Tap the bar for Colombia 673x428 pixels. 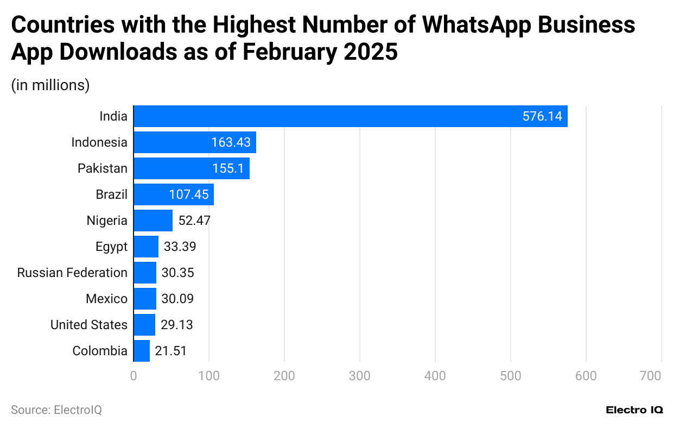click(x=142, y=351)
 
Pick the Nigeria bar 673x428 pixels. click(x=153, y=221)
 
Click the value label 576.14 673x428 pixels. click(x=542, y=116)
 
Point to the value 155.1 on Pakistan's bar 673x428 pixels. click(x=228, y=168)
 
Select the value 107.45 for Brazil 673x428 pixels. click(x=188, y=194)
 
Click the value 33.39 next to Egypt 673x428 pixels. click(x=180, y=247)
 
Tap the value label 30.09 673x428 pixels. click(x=177, y=299)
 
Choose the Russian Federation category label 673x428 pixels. click(x=72, y=273)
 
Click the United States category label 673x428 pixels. click(x=89, y=325)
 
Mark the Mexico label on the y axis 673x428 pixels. click(x=106, y=299)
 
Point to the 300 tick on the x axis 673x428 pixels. click(x=360, y=376)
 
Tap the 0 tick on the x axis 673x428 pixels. click(x=134, y=376)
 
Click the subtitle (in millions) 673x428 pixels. click(x=50, y=85)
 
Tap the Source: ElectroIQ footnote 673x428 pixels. click(x=56, y=410)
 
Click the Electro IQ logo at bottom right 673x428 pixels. click(x=634, y=410)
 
